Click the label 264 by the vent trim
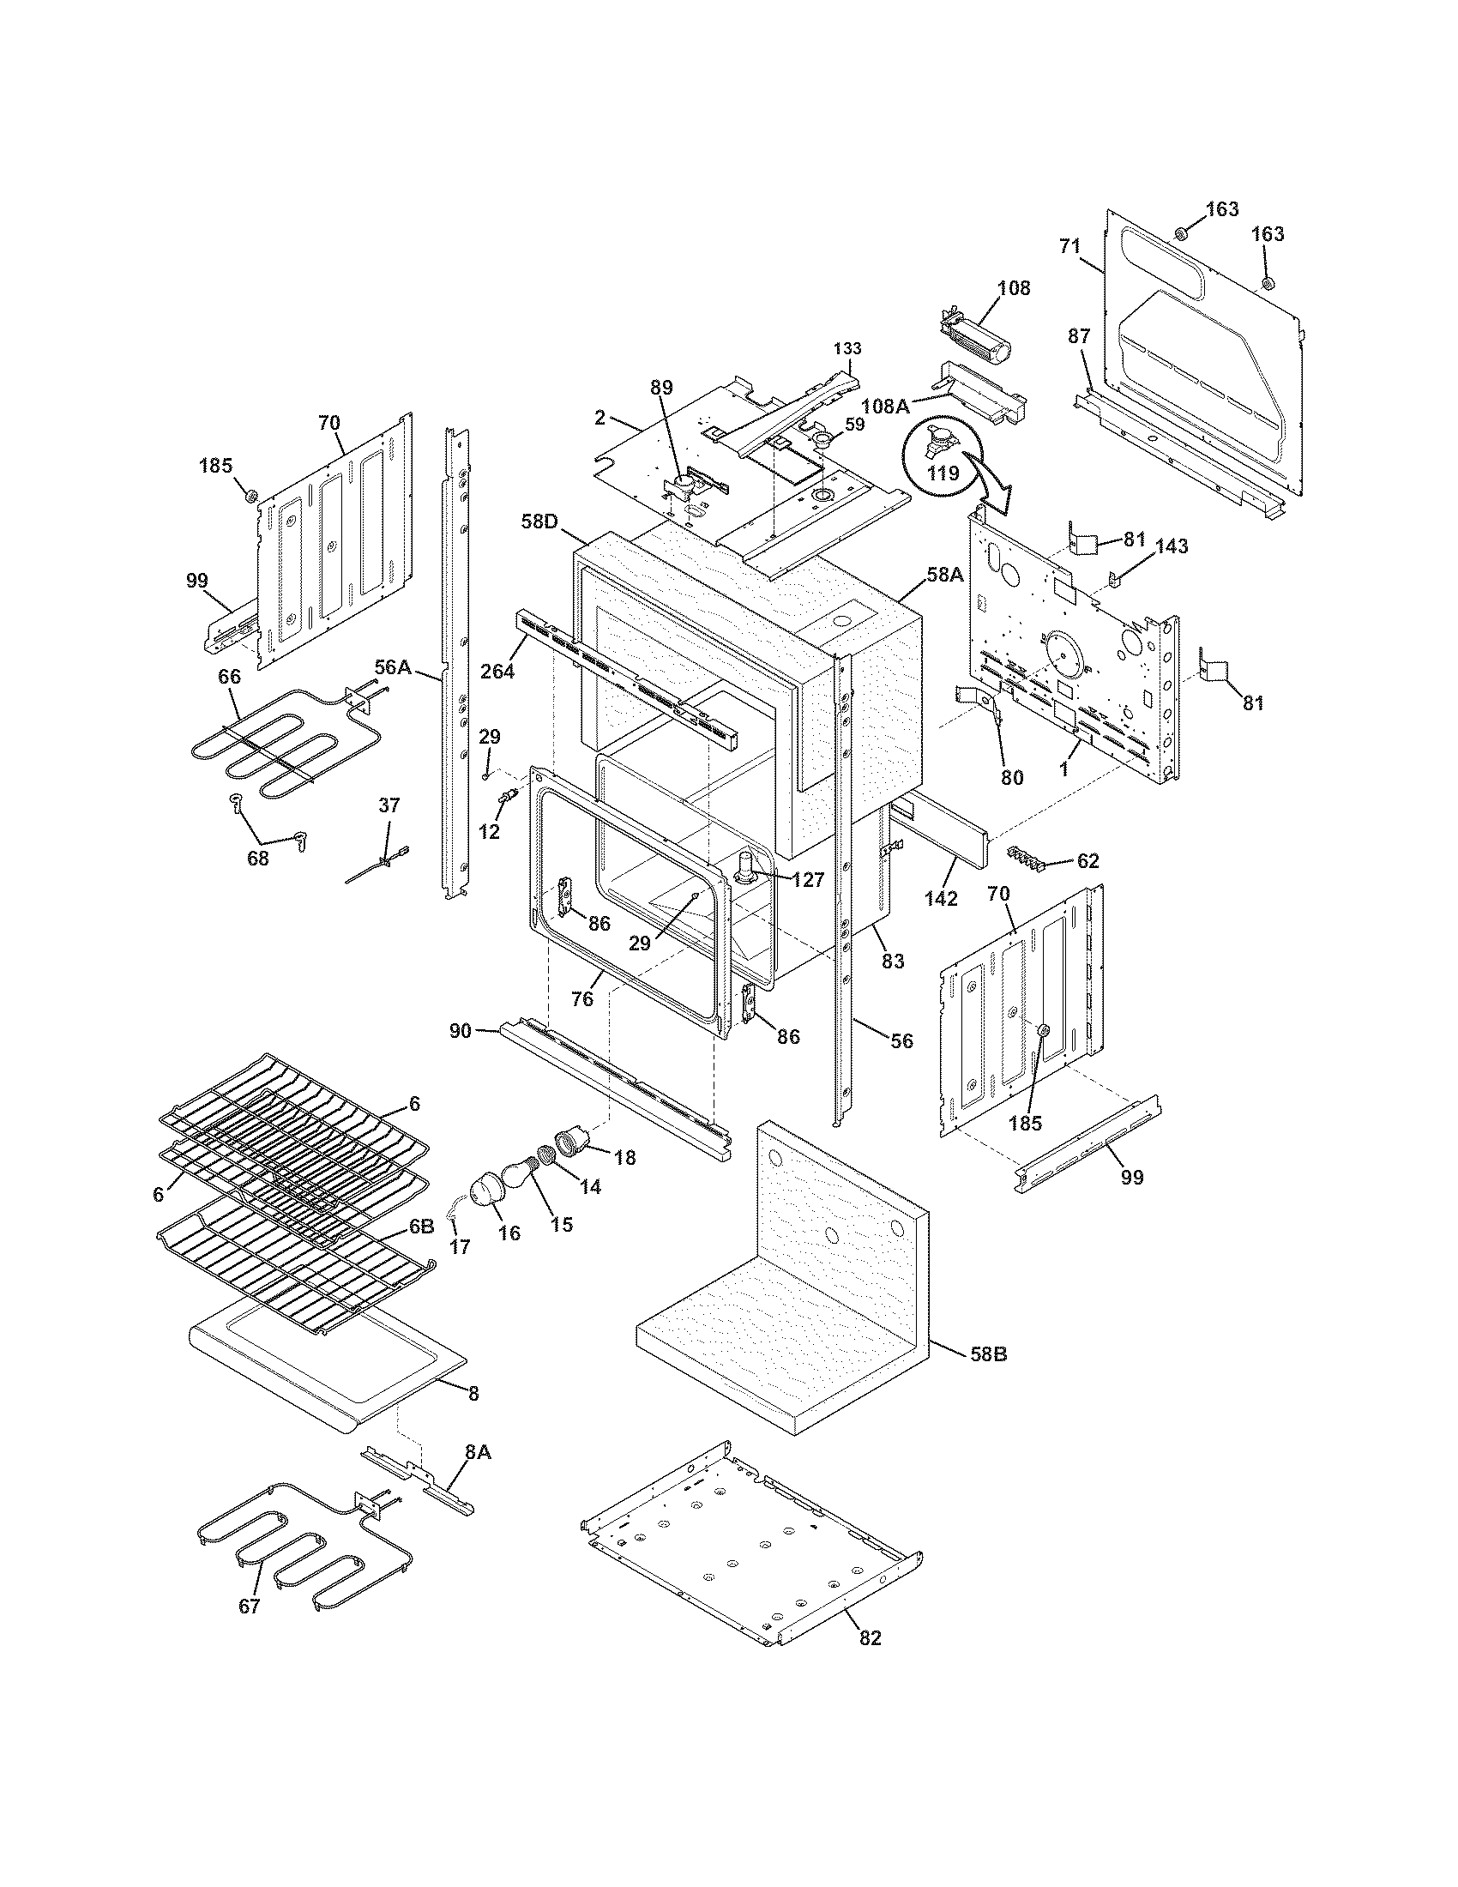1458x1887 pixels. coord(498,670)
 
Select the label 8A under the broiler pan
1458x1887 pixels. coord(478,1452)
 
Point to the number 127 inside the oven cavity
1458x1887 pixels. coord(805,879)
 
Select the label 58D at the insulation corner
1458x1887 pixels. coord(541,521)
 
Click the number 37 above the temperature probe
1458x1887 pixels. coord(389,805)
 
